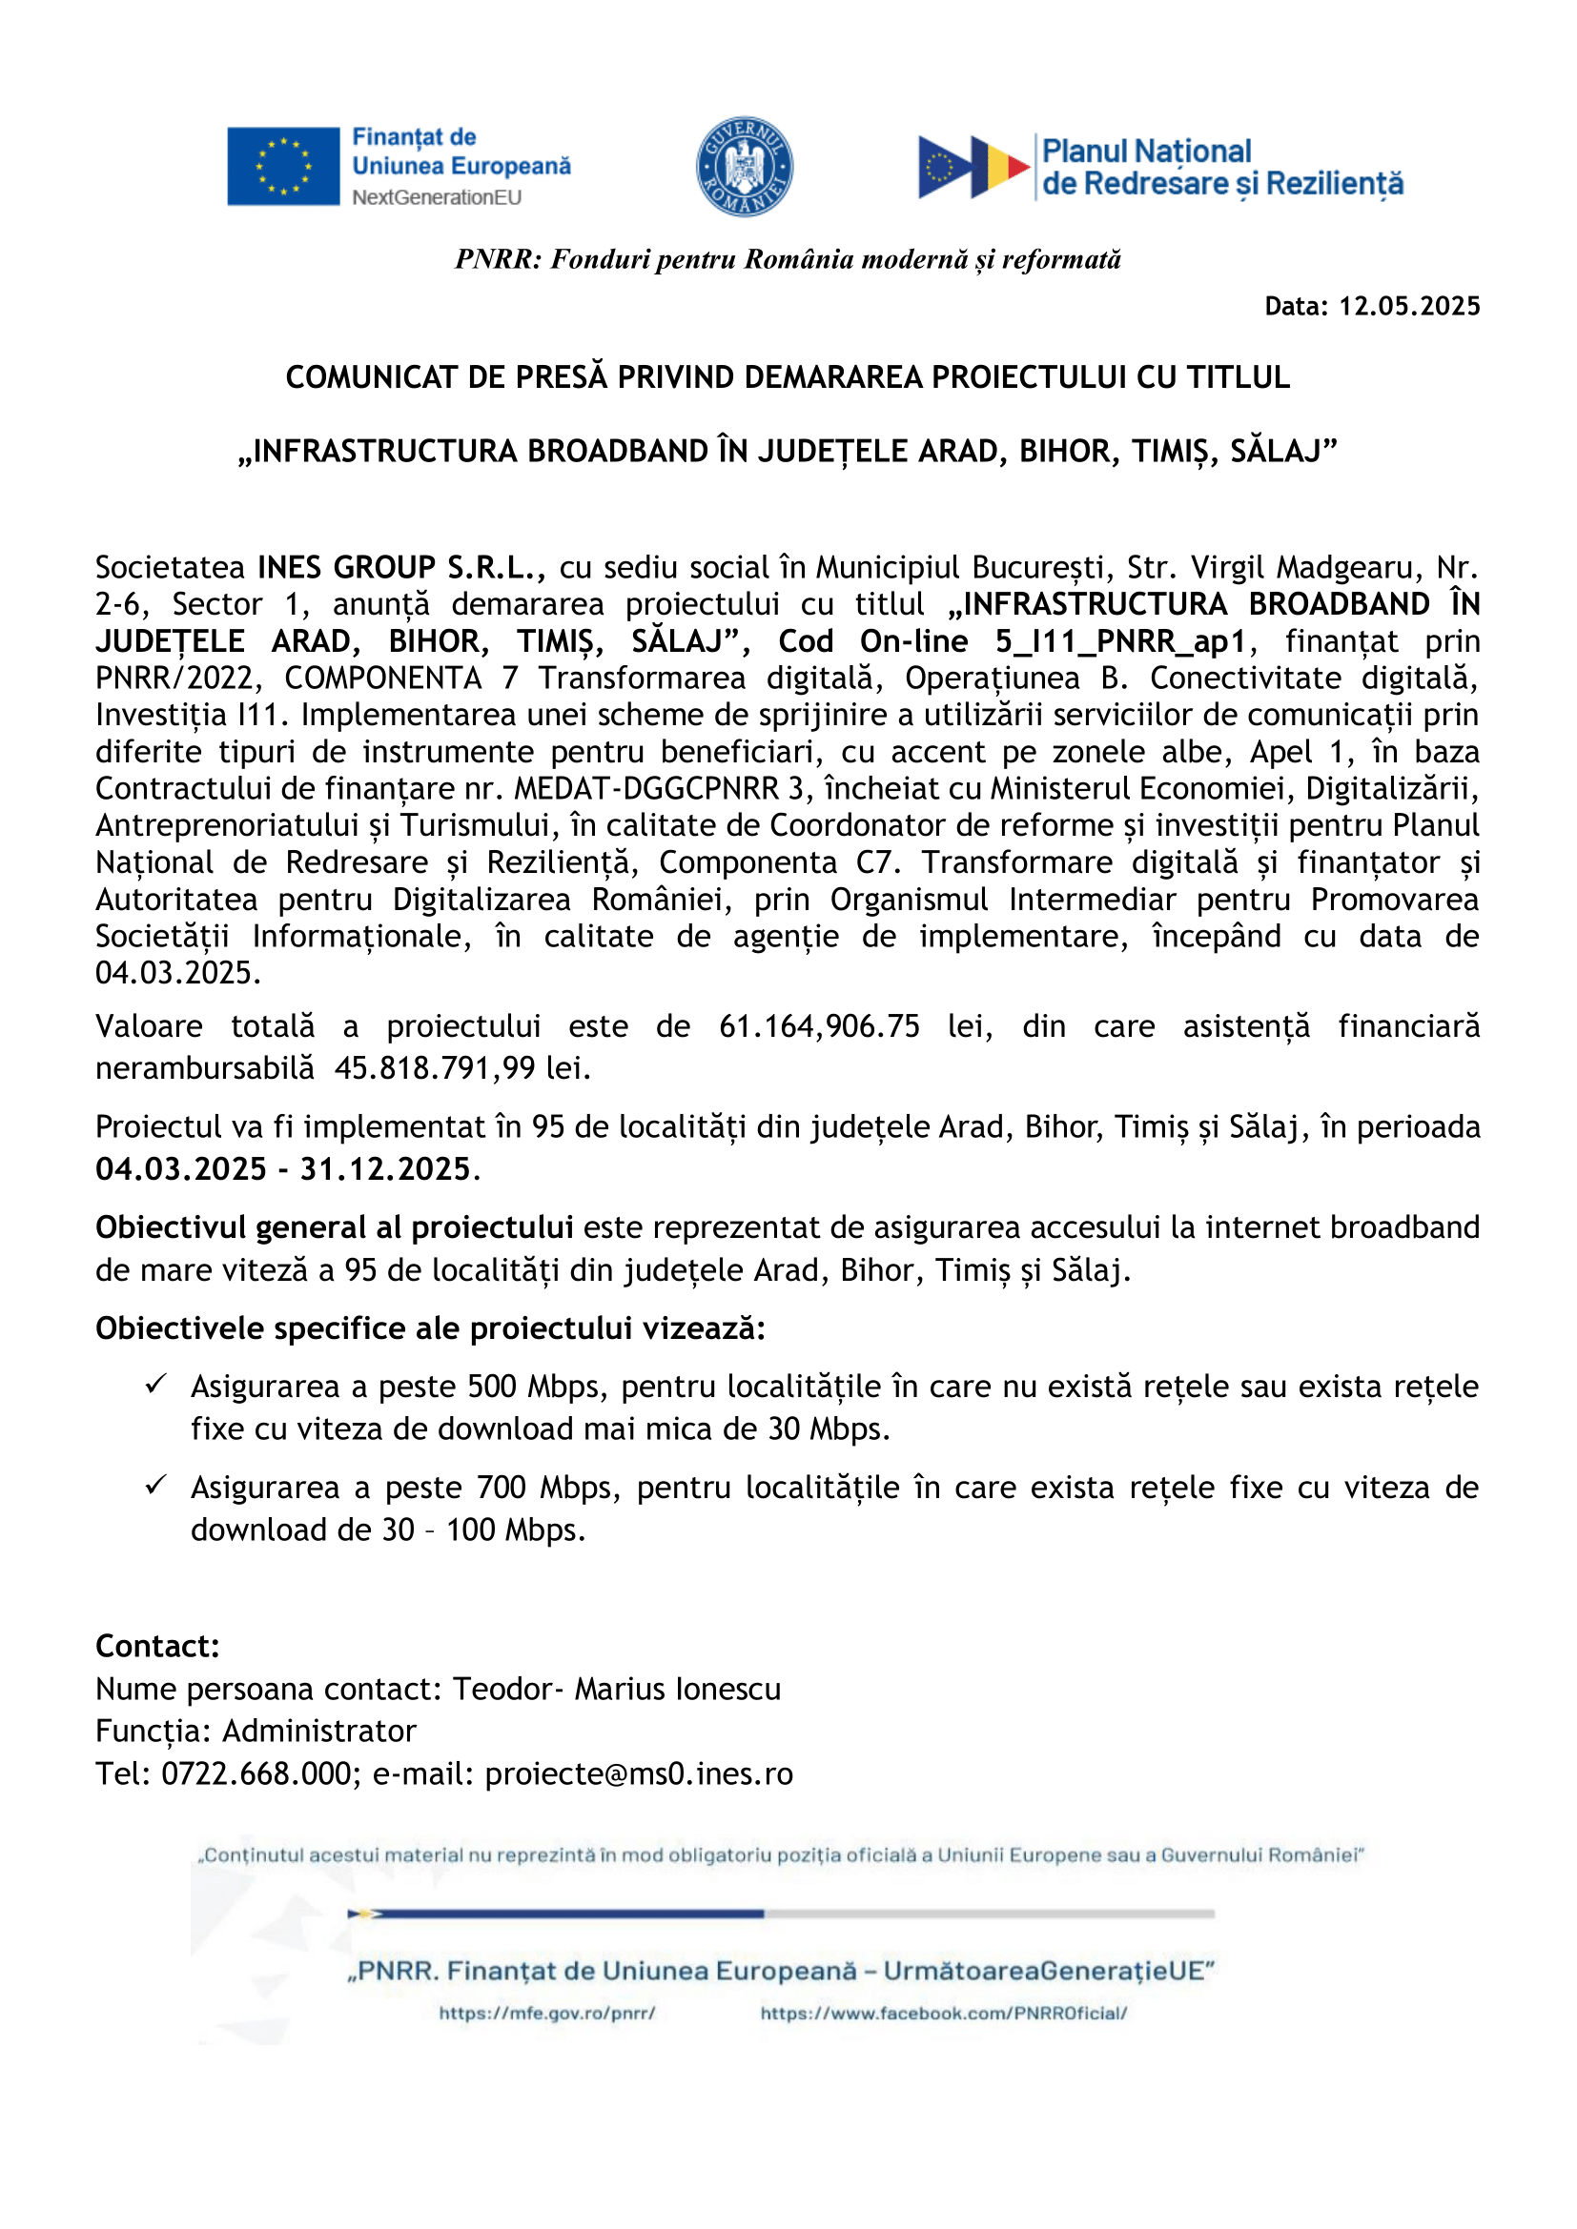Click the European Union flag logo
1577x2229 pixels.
coord(282,166)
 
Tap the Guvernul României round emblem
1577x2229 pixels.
coord(744,167)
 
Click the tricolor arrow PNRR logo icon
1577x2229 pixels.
coord(973,167)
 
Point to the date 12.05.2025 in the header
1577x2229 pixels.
coord(1409,307)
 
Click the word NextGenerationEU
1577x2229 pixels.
coord(436,198)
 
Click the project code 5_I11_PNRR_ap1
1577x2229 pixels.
coord(1119,641)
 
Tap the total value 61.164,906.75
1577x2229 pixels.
coord(819,1026)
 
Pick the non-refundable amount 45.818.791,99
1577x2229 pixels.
coord(435,1068)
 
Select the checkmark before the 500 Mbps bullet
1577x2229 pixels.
coord(156,1384)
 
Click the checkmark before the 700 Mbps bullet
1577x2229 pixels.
coord(156,1485)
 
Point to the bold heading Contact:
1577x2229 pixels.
coord(157,1647)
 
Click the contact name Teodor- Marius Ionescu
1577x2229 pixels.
coord(617,1690)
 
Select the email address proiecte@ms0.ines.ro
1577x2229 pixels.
coord(639,1773)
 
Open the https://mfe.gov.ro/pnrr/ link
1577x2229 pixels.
coord(546,2014)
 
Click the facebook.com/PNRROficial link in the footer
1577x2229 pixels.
coord(943,2014)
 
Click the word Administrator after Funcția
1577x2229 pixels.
coord(319,1731)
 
